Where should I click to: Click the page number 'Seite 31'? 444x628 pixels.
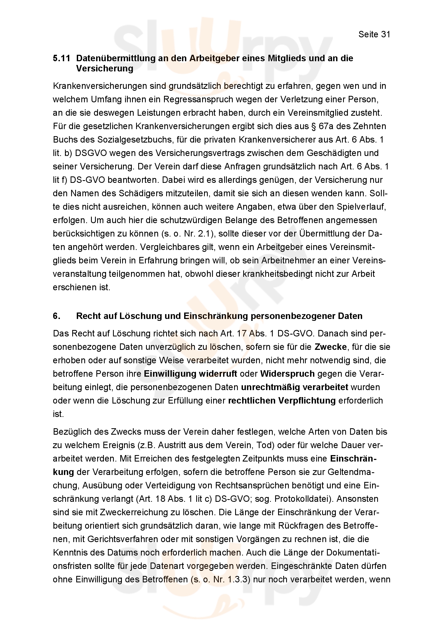[x=374, y=34]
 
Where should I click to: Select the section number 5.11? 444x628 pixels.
[x=61, y=58]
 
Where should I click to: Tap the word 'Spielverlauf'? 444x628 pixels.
[x=361, y=207]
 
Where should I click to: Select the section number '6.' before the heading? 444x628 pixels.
[x=57, y=316]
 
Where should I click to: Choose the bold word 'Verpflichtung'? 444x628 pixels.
[x=307, y=401]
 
